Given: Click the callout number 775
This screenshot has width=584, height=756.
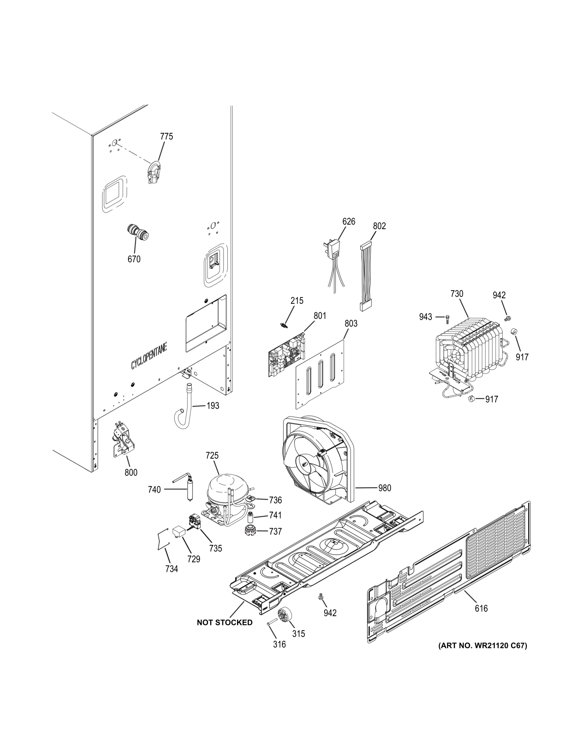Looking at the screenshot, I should pos(166,136).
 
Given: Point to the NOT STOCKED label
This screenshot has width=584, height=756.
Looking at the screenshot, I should pos(225,622).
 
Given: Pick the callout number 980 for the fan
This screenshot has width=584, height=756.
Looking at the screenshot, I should pos(384,488).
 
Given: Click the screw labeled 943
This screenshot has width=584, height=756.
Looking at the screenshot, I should pos(448,317).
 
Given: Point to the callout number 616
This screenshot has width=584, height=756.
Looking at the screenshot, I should pos(481,608).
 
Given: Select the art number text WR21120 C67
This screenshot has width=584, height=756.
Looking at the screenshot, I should pos(482,646).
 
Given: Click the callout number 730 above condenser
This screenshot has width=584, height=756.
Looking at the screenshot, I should pos(456,293).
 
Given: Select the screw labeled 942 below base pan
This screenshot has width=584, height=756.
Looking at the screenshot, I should pos(321,596).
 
